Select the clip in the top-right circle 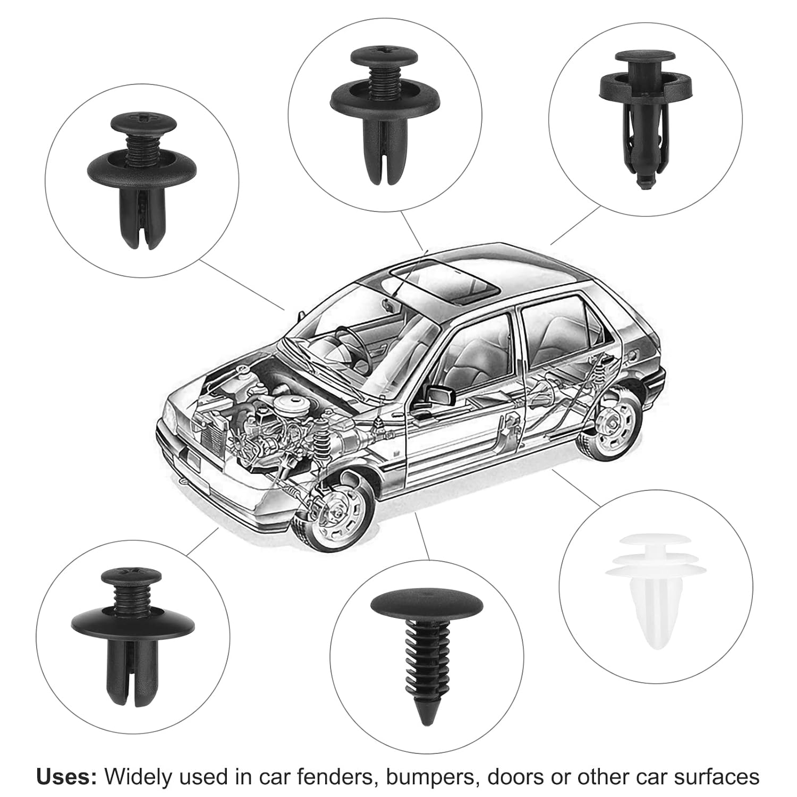[x=645, y=114]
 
